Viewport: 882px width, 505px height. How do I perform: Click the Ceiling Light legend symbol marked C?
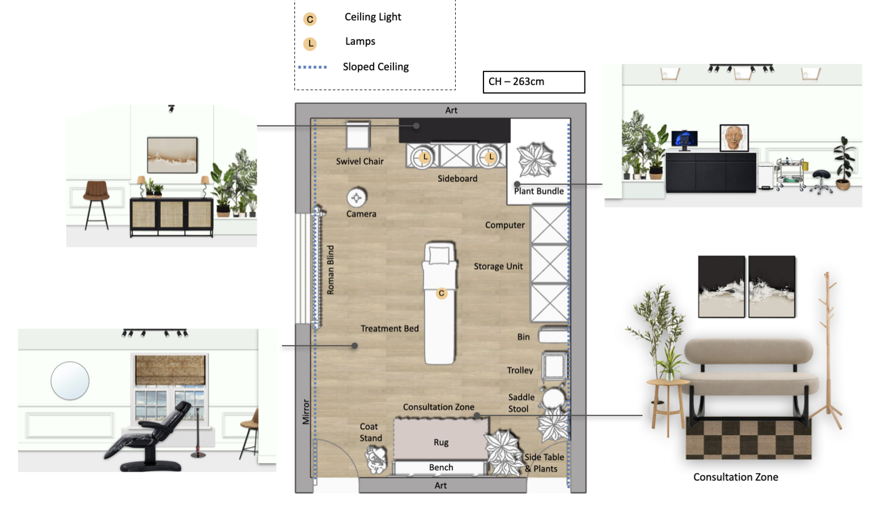pos(310,19)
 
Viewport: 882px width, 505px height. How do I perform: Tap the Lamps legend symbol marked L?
pos(310,43)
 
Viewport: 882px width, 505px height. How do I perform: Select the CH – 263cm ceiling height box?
pos(534,82)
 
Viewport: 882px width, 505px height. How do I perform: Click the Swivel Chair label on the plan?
pos(359,161)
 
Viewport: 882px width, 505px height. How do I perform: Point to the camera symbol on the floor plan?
pos(357,197)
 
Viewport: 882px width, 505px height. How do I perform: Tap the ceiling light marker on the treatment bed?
pos(442,293)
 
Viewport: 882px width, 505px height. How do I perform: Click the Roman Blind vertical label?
pos(330,270)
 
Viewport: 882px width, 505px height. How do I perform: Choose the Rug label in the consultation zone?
pos(441,443)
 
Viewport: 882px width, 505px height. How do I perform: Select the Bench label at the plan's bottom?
pos(441,467)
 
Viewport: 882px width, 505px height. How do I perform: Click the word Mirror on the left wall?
pos(306,411)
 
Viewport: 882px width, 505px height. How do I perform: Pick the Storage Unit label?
pos(498,267)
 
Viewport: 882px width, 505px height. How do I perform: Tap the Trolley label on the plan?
pos(520,370)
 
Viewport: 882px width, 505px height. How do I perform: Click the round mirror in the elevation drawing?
pos(70,381)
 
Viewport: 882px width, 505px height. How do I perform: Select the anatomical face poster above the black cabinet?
pos(734,138)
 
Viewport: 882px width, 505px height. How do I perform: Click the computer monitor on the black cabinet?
pos(684,140)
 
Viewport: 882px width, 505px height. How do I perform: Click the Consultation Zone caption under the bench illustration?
pos(736,477)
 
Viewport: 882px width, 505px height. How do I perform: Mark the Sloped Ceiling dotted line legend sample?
pos(312,67)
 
